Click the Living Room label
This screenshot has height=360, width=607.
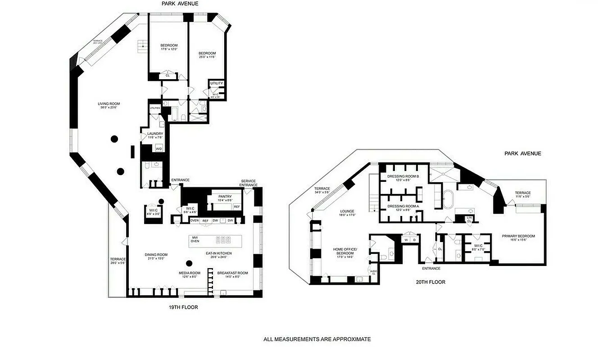109,104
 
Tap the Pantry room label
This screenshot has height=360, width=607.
225,197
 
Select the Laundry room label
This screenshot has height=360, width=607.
149,134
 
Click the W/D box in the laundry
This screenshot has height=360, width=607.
159,148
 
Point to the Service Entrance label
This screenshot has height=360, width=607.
248,183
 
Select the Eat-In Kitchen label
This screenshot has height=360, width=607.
219,253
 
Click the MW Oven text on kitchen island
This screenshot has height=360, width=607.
195,239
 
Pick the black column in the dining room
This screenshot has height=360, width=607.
189,263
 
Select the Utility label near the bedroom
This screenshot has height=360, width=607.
216,84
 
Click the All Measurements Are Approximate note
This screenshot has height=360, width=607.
317,339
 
